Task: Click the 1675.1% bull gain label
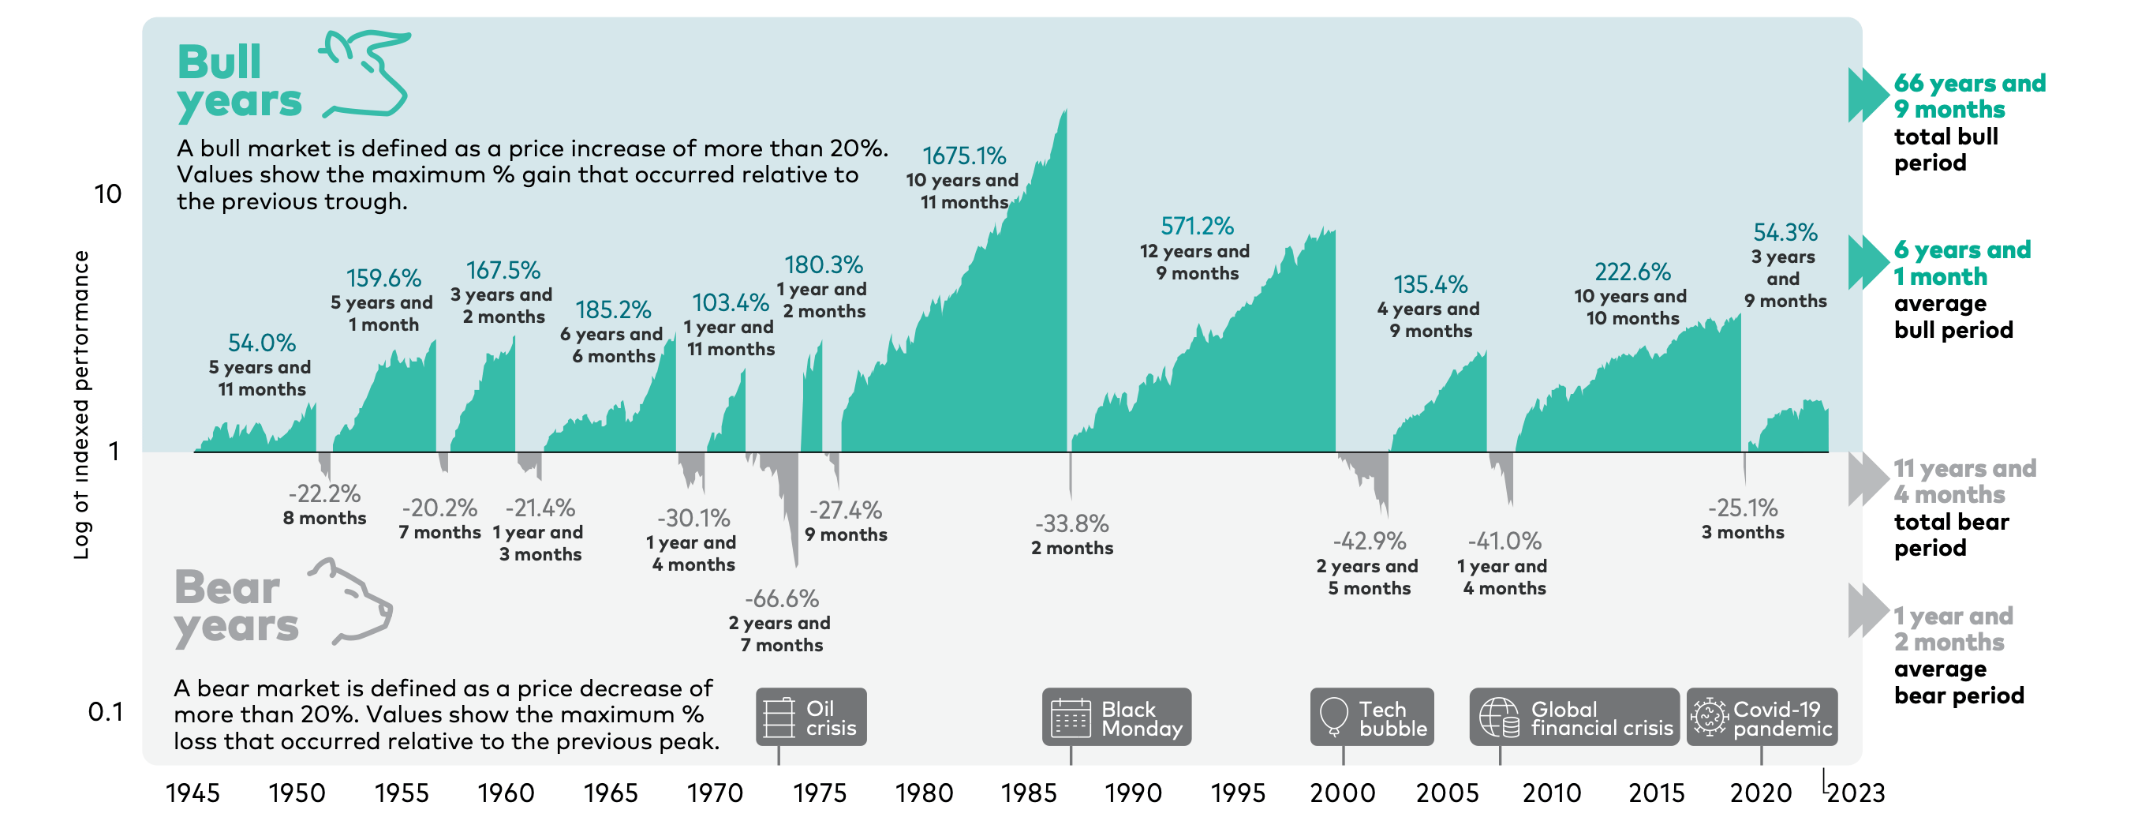[963, 156]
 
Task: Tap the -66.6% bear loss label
[781, 598]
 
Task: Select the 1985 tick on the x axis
[1028, 793]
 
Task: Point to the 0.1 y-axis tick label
[106, 712]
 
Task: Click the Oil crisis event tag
[811, 718]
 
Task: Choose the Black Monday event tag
[1116, 718]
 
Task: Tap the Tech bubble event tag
[1372, 718]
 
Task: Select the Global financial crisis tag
[1574, 718]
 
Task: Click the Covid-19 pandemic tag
[1761, 718]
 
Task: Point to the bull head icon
[366, 73]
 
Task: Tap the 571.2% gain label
[1197, 226]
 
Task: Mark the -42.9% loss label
[1369, 542]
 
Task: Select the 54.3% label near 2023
[1785, 232]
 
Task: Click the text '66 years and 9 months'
[1968, 96]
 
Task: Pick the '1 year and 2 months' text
[1952, 629]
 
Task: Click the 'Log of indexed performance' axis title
[80, 405]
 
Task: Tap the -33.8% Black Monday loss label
[1071, 524]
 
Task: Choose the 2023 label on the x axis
[1856, 793]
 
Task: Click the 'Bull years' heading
[238, 81]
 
